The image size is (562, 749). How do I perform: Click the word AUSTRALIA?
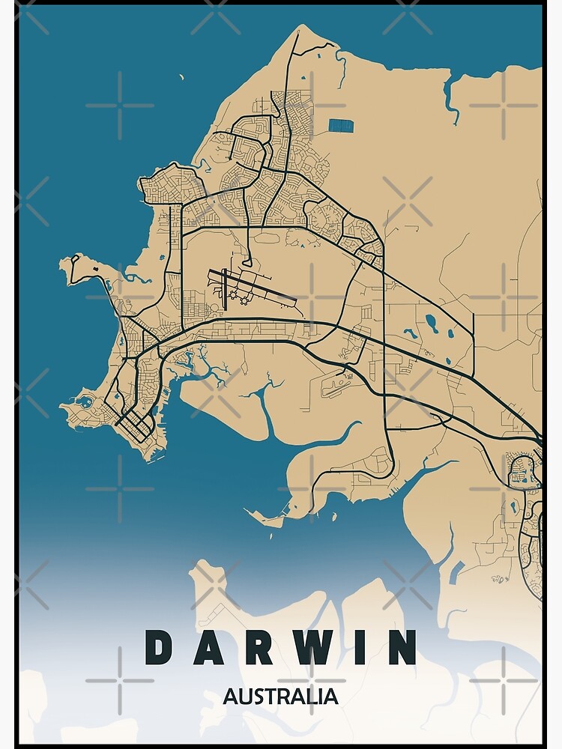[280, 697]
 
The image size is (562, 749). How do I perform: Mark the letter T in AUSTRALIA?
[268, 697]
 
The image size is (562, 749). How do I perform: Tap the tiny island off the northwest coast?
[181, 76]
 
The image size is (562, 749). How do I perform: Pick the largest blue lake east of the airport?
[432, 323]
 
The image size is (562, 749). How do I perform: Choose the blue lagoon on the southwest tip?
[87, 402]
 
